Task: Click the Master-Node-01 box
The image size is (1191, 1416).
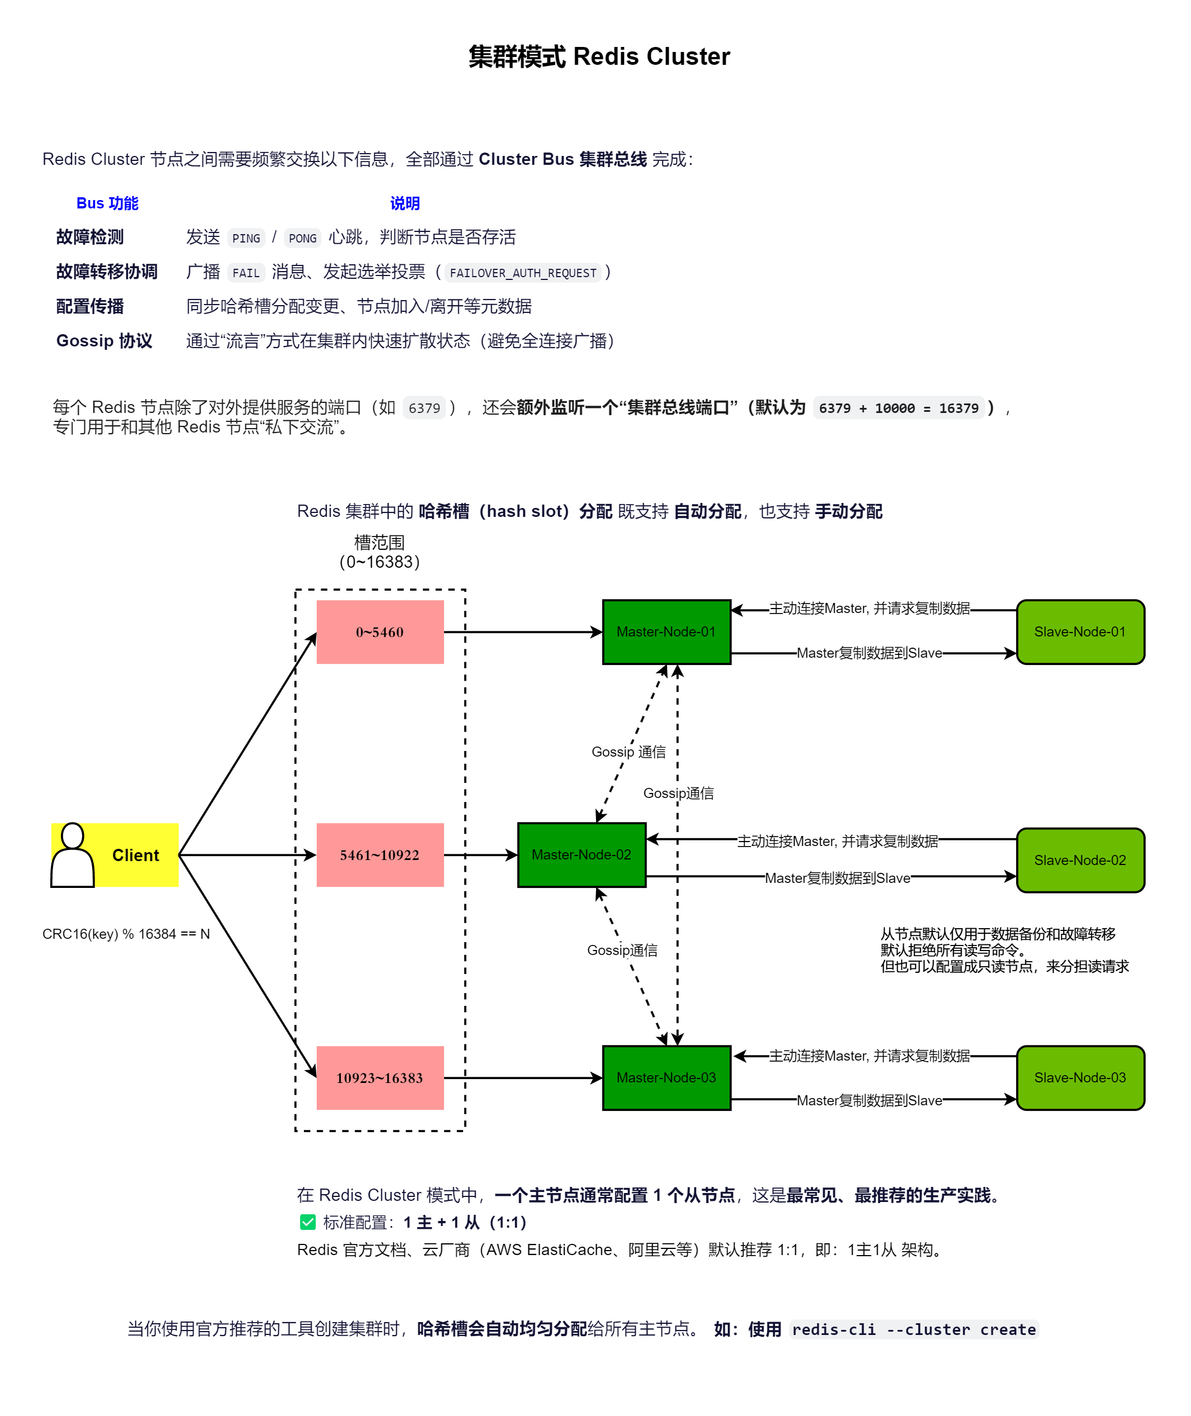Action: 666,632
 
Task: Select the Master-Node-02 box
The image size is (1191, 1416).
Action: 582,855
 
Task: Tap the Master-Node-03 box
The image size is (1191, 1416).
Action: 666,1078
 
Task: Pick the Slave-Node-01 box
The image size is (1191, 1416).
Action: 1080,632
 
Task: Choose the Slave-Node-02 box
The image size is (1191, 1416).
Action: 1080,860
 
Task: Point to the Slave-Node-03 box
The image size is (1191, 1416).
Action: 1080,1078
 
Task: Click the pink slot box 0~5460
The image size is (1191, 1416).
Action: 380,632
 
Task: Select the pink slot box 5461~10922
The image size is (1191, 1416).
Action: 380,855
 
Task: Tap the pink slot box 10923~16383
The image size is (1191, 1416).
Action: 380,1078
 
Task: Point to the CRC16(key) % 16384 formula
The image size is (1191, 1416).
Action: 126,934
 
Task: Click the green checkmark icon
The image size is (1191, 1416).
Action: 308,1222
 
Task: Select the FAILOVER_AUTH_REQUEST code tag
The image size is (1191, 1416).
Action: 523,273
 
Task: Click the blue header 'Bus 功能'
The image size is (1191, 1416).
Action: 107,203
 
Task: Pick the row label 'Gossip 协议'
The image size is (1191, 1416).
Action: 104,341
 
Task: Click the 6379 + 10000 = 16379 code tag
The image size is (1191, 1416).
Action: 899,408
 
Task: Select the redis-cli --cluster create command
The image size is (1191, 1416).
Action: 913,1329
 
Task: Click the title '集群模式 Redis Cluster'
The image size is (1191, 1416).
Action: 599,57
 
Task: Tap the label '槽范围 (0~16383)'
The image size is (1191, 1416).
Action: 379,552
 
